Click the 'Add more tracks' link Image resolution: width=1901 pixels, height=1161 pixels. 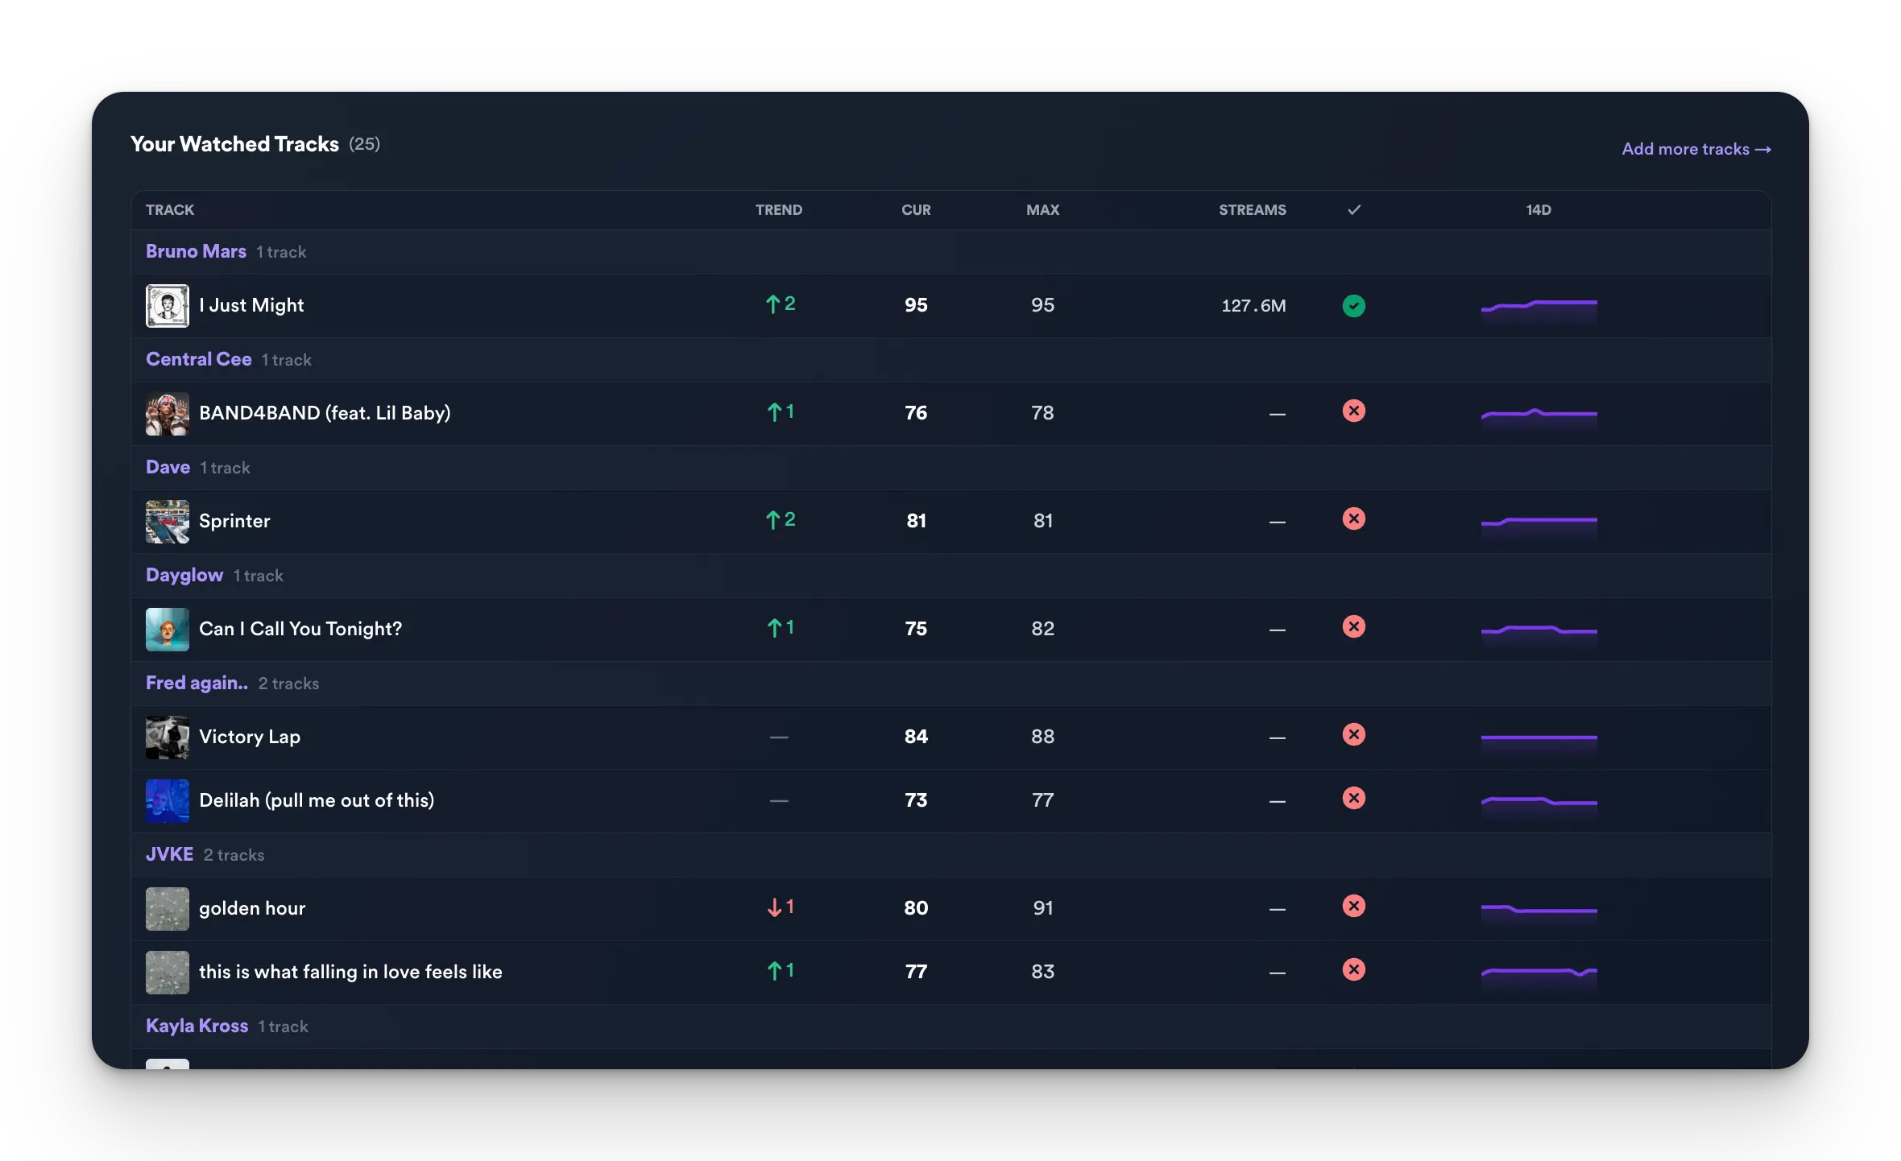click(x=1696, y=149)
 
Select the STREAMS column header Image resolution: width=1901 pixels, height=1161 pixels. click(x=1252, y=210)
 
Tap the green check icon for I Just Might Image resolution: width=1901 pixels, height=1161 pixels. click(x=1353, y=306)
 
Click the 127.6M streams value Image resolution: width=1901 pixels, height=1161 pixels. click(x=1253, y=306)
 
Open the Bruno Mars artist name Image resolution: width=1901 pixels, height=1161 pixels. click(x=196, y=251)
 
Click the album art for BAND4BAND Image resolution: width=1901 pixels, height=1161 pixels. click(x=168, y=414)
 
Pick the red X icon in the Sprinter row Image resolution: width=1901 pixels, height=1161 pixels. click(x=1353, y=519)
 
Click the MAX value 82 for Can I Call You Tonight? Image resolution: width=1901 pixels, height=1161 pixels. click(x=1042, y=629)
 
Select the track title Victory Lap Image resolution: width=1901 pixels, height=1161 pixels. click(x=250, y=737)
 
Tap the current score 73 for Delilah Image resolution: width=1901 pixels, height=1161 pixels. click(x=916, y=800)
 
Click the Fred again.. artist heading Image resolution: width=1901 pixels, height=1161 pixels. click(x=197, y=683)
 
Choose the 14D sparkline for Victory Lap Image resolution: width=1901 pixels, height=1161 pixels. click(x=1539, y=738)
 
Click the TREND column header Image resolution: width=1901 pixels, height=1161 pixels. click(x=778, y=210)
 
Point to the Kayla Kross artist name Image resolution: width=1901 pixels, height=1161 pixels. click(x=197, y=1026)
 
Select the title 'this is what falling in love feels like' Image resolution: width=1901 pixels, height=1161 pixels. click(x=350, y=972)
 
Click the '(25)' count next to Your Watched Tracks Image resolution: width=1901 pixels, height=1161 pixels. click(x=364, y=144)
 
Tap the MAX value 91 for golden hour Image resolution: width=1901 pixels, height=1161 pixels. click(x=1042, y=908)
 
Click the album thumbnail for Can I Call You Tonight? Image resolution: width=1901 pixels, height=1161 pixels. click(x=168, y=630)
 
